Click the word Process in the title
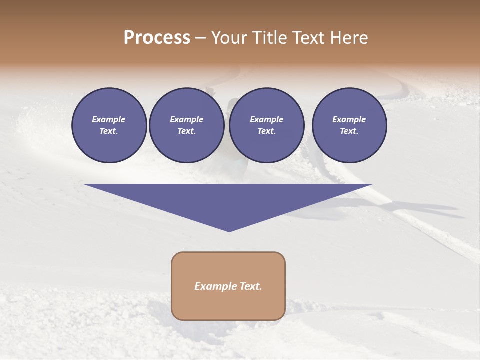pyautogui.click(x=157, y=38)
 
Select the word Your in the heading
pyautogui.click(x=231, y=38)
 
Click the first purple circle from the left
pyautogui.click(x=109, y=125)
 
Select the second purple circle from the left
pyautogui.click(x=186, y=125)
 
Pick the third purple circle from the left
pyautogui.click(x=266, y=125)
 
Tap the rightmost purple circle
pyautogui.click(x=349, y=125)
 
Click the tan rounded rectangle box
pyautogui.click(x=228, y=285)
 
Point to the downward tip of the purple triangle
pyautogui.click(x=229, y=230)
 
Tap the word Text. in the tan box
pyautogui.click(x=251, y=286)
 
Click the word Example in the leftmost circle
pyautogui.click(x=109, y=119)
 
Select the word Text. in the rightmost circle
pyautogui.click(x=349, y=131)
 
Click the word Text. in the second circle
pyautogui.click(x=186, y=131)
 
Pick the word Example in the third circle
pyautogui.click(x=266, y=119)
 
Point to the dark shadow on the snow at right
pyautogui.click(x=425, y=208)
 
